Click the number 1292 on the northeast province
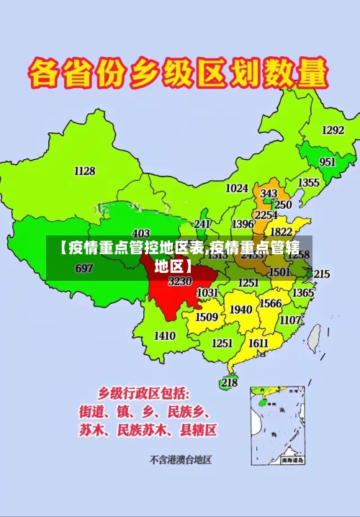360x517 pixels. click(x=333, y=130)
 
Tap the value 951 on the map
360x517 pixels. click(x=328, y=162)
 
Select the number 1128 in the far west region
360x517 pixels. click(x=84, y=171)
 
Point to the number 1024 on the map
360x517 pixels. click(x=237, y=188)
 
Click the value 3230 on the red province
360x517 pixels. click(x=180, y=281)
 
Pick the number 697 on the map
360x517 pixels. click(x=84, y=269)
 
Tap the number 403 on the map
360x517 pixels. click(x=141, y=233)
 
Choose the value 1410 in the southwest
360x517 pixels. click(x=165, y=336)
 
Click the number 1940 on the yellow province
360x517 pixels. click(x=240, y=310)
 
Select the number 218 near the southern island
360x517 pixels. click(x=229, y=382)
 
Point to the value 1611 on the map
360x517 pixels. click(x=258, y=343)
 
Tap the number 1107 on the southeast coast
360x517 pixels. click(x=290, y=320)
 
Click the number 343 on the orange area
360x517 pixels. click(x=269, y=194)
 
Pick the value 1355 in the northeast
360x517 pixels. click(x=309, y=183)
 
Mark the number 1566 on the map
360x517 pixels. click(x=270, y=304)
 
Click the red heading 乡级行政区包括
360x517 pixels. click(x=144, y=393)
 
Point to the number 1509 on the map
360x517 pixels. click(x=207, y=317)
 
